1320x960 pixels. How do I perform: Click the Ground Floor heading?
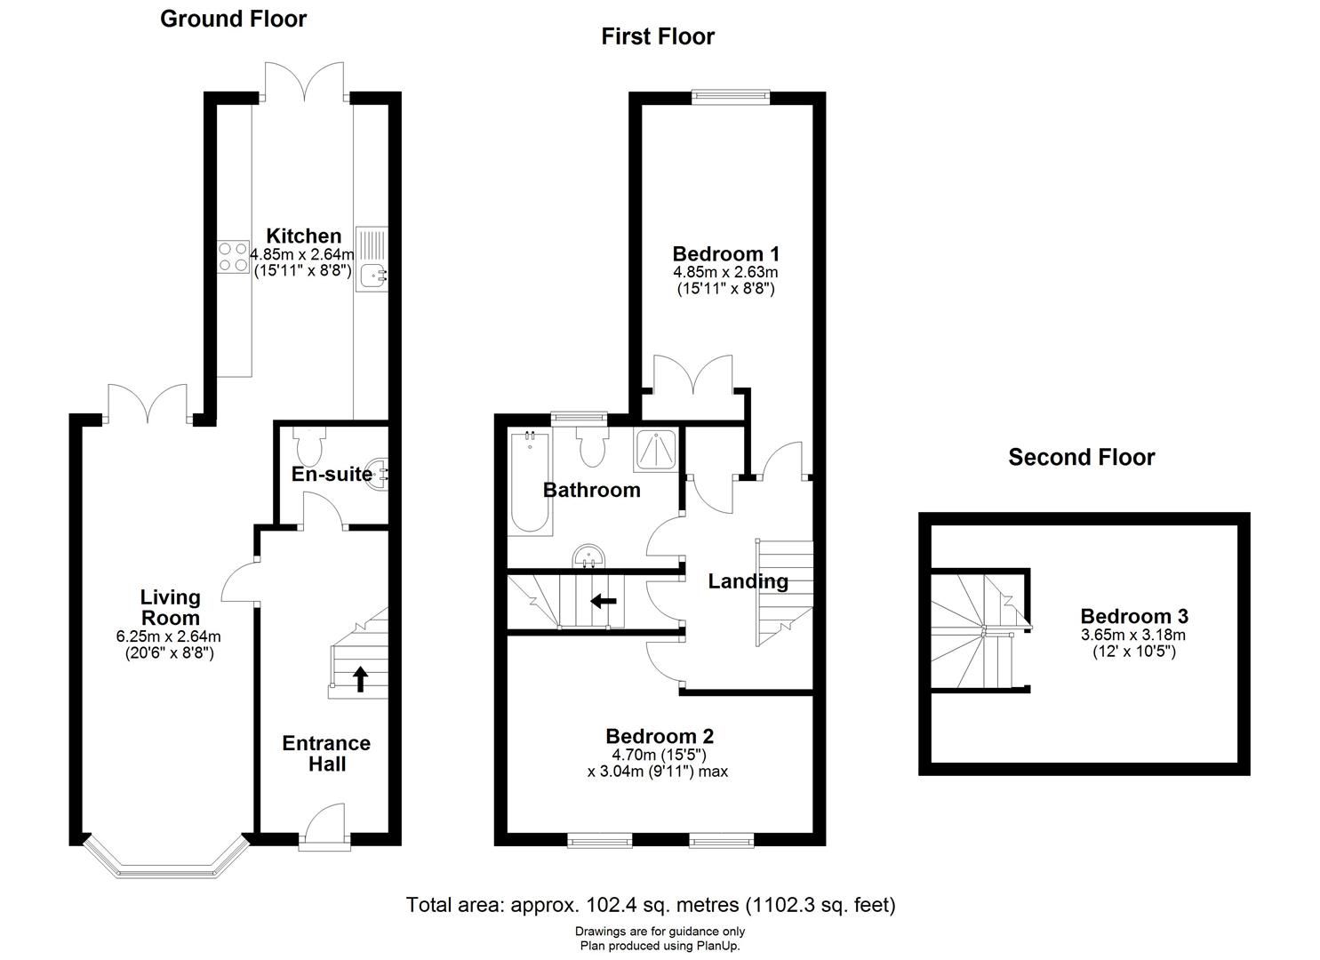pyautogui.click(x=234, y=19)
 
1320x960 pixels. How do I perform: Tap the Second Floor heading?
pyautogui.click(x=1082, y=457)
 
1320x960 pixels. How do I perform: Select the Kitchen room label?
pyautogui.click(x=303, y=236)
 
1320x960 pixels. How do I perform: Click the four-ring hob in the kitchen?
pyautogui.click(x=233, y=257)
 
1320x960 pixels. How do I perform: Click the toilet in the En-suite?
pyautogui.click(x=308, y=446)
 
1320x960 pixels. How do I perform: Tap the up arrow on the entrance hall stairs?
pyautogui.click(x=360, y=679)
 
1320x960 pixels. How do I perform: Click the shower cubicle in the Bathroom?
pyautogui.click(x=655, y=451)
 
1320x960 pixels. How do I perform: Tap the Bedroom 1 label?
pyautogui.click(x=725, y=254)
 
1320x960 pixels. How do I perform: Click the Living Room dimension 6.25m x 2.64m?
pyautogui.click(x=169, y=636)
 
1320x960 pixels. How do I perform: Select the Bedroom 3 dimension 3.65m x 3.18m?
pyautogui.click(x=1133, y=635)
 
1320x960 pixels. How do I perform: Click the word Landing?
pyautogui.click(x=748, y=581)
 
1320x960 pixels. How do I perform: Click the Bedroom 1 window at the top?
pyautogui.click(x=731, y=97)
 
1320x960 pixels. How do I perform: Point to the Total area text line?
pyautogui.click(x=651, y=905)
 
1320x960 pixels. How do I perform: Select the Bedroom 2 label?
pyautogui.click(x=660, y=736)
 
